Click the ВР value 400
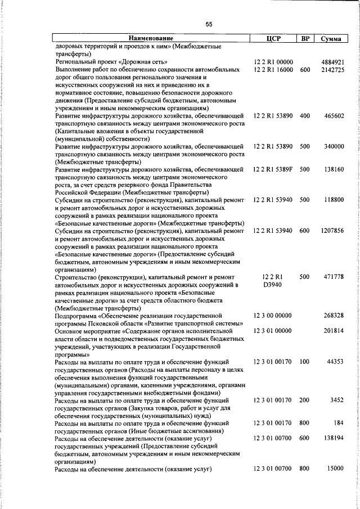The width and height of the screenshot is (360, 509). (305, 116)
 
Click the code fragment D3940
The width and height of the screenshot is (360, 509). (273, 285)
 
